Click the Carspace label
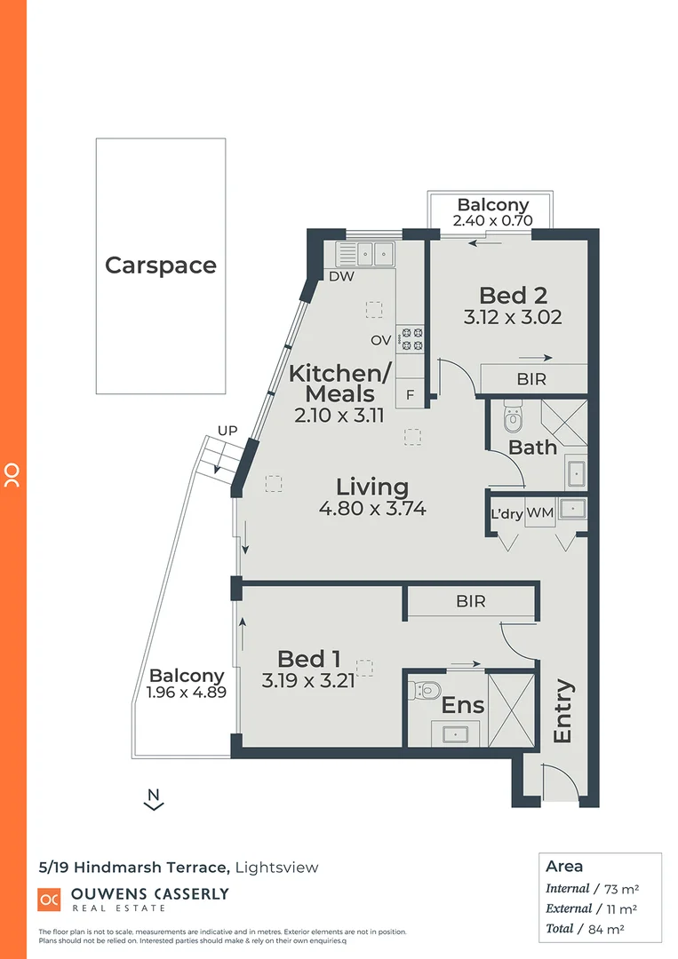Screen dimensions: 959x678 point(161,265)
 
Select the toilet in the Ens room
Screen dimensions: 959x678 point(427,689)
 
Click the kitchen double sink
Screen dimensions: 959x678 point(366,253)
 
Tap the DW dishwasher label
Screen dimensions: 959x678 point(340,277)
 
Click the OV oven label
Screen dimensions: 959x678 point(381,340)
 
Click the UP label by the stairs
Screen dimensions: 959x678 point(227,431)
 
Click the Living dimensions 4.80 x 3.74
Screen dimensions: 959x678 point(372,509)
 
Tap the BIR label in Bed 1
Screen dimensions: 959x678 point(470,601)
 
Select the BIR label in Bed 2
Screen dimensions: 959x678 point(531,379)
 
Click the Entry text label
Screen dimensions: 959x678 point(562,711)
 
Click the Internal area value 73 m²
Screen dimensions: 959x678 point(618,888)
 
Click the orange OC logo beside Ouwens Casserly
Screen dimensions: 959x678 point(49,899)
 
